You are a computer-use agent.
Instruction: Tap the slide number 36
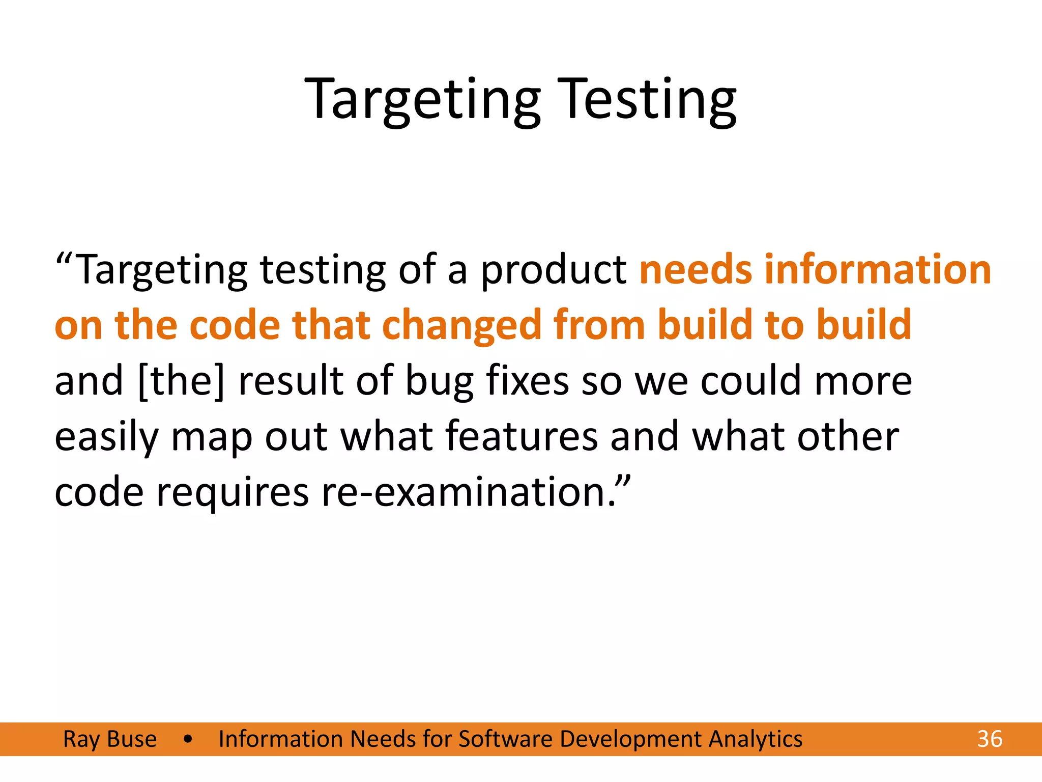coord(990,739)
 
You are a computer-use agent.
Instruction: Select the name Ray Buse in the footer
coord(110,739)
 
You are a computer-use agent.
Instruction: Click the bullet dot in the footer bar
coord(188,739)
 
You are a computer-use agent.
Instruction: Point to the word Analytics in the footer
coord(755,739)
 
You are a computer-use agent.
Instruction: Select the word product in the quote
coord(554,270)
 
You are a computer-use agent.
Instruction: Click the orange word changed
coord(461,326)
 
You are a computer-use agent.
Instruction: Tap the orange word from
coord(599,326)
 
